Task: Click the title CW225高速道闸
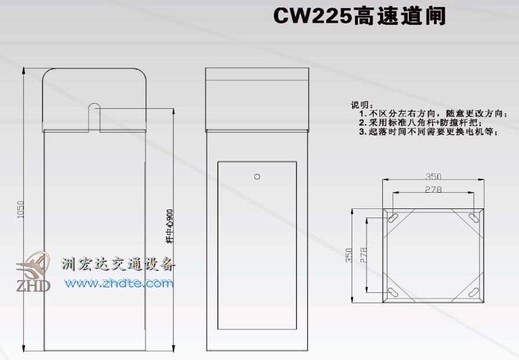pyautogui.click(x=360, y=16)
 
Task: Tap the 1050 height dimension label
pyautogui.click(x=20, y=210)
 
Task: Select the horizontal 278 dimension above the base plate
pyautogui.click(x=433, y=189)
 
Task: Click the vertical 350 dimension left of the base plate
pyautogui.click(x=349, y=256)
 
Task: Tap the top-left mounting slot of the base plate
pyautogui.click(x=393, y=218)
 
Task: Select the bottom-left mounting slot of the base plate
pyautogui.click(x=393, y=292)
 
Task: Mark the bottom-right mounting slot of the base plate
pyautogui.click(x=473, y=292)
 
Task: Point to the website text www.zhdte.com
pyautogui.click(x=119, y=283)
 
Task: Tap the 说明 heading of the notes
pyautogui.click(x=360, y=105)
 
